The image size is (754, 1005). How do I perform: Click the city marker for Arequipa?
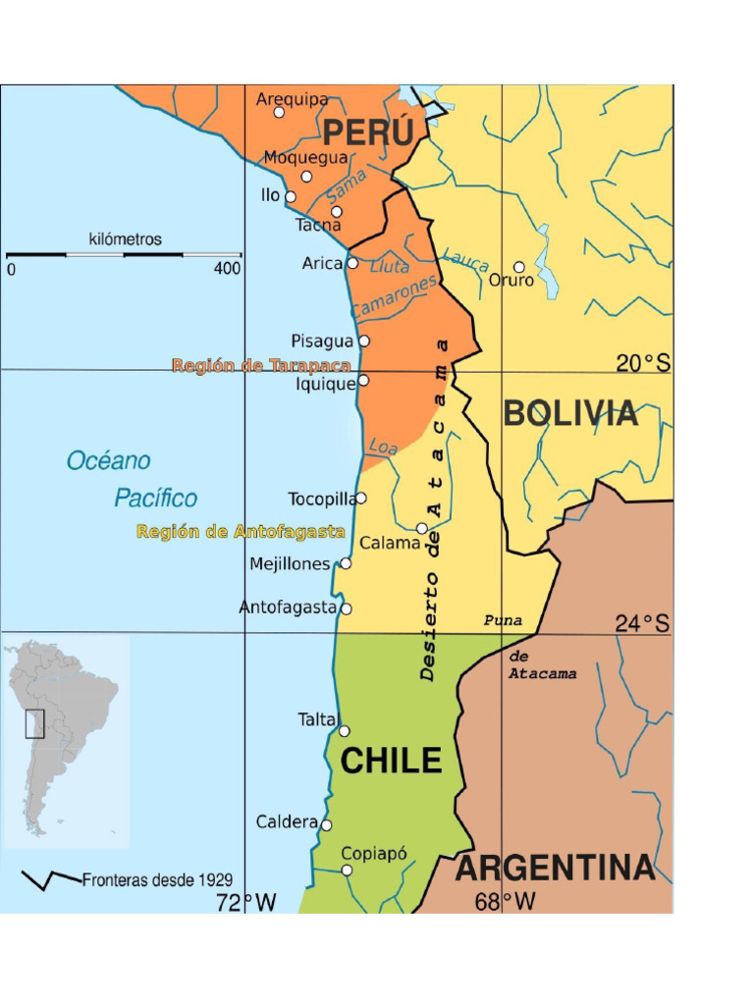tap(279, 113)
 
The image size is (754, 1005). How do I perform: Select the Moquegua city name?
tap(305, 157)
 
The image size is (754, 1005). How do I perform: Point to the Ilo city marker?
tap(291, 196)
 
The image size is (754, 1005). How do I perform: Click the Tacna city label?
tap(318, 226)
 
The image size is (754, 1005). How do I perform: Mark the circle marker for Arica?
tap(352, 263)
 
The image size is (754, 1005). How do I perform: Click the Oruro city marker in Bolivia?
tap(519, 267)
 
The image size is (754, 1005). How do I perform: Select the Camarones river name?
tap(394, 296)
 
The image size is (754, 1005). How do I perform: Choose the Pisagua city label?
tap(321, 342)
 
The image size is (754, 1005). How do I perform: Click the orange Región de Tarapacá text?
tap(261, 366)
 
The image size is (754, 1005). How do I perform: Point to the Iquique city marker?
tap(363, 381)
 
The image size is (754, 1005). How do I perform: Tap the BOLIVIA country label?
tap(570, 414)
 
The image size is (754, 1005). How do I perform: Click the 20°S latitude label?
tap(643, 364)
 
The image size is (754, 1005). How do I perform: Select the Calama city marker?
tap(422, 528)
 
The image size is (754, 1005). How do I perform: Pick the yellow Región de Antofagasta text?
tap(241, 532)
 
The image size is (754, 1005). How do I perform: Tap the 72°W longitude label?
tap(246, 903)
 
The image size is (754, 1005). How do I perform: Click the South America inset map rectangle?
tap(35, 723)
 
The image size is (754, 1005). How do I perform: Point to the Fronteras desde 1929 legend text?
tap(157, 880)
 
